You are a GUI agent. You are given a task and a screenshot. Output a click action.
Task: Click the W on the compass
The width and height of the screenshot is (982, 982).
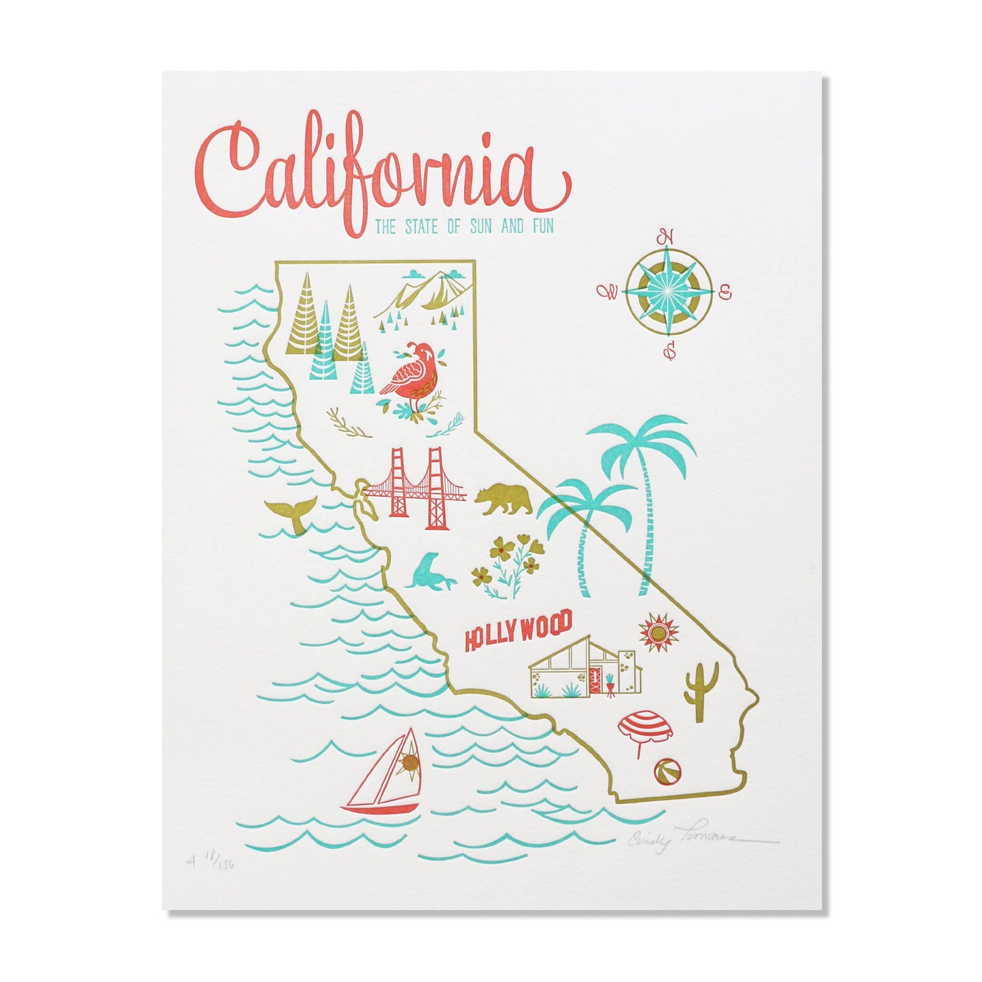coord(608,293)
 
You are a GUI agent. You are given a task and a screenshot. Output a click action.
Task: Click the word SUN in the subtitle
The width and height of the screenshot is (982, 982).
coord(481,226)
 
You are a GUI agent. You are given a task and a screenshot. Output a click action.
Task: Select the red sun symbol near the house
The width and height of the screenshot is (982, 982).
coord(659,633)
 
